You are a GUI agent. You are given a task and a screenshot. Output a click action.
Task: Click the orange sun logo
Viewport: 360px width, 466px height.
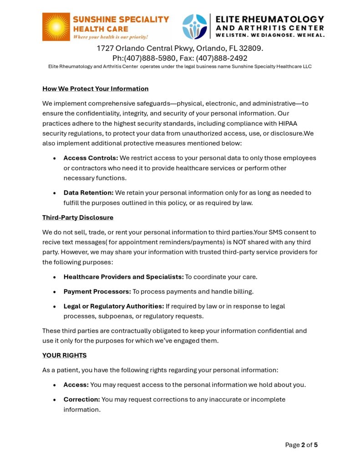(56, 27)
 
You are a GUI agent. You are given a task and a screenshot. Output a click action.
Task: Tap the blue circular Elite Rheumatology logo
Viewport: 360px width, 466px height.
(194, 27)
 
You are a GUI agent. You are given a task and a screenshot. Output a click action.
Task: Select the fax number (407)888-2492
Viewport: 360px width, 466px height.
(222, 58)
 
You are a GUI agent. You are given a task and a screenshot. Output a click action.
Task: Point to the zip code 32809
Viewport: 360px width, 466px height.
(250, 48)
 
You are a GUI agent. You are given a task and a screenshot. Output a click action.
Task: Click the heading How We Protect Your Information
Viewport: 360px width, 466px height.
(95, 89)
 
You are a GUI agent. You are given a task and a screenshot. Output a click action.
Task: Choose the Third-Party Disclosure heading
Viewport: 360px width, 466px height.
(78, 218)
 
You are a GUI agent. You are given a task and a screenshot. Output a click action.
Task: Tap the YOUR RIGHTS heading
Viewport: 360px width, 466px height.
(64, 355)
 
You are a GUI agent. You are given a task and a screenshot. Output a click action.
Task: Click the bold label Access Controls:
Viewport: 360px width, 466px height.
(91, 158)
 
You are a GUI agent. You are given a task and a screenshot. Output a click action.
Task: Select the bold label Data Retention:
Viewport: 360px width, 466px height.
(88, 192)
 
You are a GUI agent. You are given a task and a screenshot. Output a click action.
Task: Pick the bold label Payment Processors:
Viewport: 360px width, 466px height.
(97, 291)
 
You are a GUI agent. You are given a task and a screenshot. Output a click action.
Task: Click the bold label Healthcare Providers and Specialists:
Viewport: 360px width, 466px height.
(123, 277)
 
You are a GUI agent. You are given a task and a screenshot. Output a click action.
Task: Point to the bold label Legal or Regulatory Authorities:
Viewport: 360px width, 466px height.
(113, 306)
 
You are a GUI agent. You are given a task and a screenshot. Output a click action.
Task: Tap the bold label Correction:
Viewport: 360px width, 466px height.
(81, 399)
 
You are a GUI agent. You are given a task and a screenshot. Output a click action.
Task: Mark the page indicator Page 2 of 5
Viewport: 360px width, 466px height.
(301, 445)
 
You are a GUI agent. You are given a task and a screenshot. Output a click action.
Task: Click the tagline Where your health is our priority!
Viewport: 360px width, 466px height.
(111, 36)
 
